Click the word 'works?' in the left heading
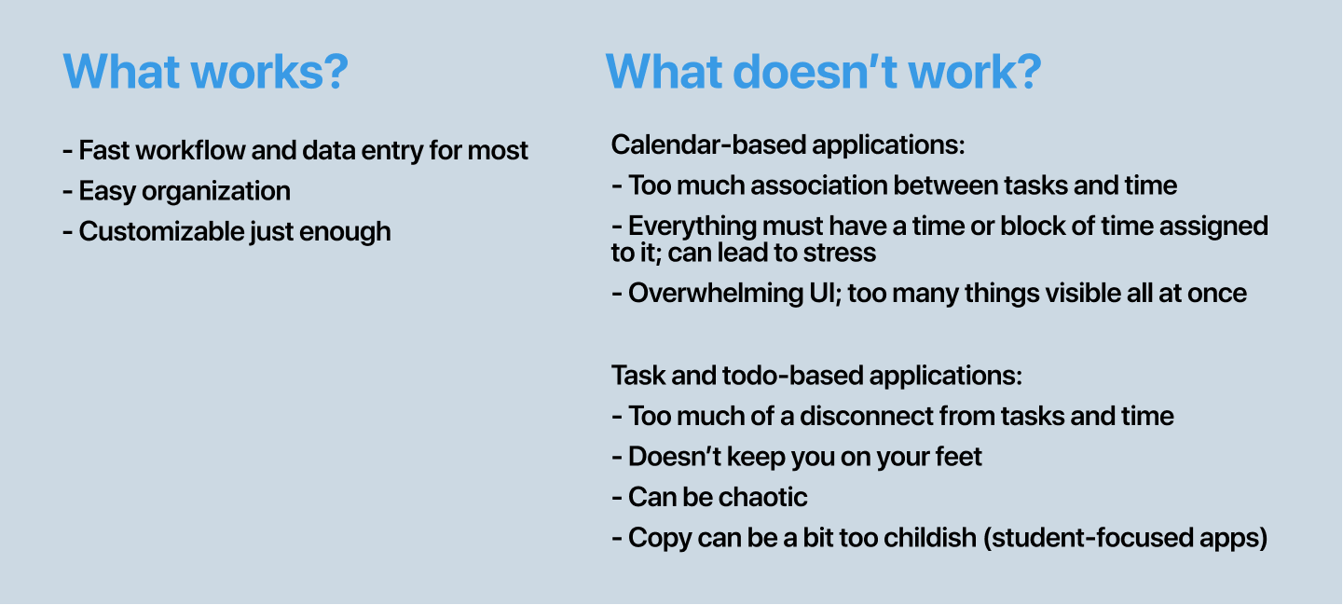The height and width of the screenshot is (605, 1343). click(269, 72)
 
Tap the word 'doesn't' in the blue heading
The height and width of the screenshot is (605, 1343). click(815, 72)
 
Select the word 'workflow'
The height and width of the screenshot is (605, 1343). click(190, 150)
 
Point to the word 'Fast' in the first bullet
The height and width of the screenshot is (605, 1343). click(104, 150)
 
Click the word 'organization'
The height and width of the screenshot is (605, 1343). click(216, 191)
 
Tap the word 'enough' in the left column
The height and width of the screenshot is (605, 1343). click(345, 232)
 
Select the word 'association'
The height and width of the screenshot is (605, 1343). click(818, 186)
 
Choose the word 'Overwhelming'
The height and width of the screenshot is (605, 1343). click(715, 294)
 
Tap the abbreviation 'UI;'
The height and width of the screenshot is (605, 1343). click(825, 294)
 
